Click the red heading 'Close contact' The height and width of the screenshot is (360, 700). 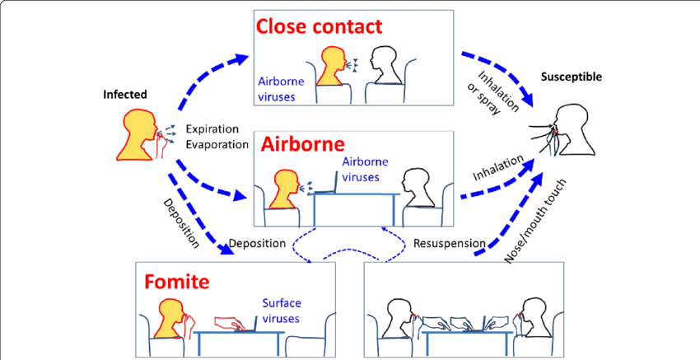[319, 26]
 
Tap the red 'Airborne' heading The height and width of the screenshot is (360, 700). [303, 144]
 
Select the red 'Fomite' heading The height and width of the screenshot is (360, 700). [176, 282]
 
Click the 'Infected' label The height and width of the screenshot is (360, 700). [125, 94]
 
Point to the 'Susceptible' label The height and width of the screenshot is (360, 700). [572, 77]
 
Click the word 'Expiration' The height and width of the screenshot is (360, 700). [212, 129]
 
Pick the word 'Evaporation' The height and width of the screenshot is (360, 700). [217, 144]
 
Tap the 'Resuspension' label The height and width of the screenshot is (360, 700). [449, 243]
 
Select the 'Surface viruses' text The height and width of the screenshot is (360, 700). [281, 311]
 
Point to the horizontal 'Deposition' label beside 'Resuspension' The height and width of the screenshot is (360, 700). [257, 243]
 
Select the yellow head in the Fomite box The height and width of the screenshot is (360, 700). [171, 319]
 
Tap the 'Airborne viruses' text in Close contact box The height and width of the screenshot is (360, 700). [282, 89]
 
